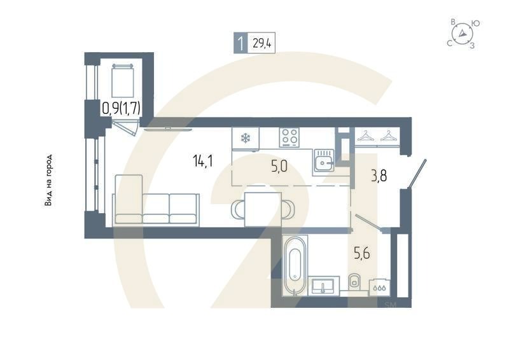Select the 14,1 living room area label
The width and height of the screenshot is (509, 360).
(x=202, y=160)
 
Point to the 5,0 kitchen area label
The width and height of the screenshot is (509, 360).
(x=279, y=167)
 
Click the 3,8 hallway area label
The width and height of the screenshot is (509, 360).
(x=379, y=176)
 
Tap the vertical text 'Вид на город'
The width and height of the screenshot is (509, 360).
(x=48, y=181)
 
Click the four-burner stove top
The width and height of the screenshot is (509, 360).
(x=290, y=137)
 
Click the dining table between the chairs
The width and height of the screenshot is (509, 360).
(x=263, y=208)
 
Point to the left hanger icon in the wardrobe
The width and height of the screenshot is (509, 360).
(x=365, y=135)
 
